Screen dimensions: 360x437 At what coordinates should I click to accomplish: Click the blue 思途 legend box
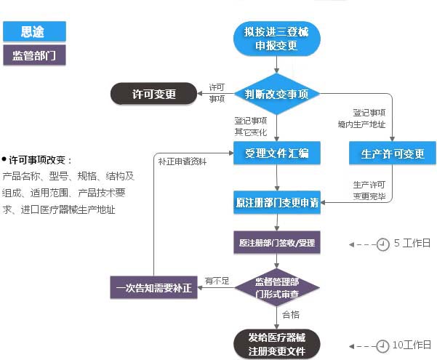[34, 31]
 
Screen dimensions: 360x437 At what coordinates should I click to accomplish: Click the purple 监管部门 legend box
[34, 55]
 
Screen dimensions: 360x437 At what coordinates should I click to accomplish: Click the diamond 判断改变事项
[276, 94]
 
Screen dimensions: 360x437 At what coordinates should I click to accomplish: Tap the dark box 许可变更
[153, 94]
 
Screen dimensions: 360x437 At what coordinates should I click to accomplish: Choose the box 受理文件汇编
[276, 153]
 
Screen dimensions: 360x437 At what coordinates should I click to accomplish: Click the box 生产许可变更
[393, 153]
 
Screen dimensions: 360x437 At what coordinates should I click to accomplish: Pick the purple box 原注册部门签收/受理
[276, 242]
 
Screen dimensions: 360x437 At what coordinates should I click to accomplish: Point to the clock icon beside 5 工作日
[382, 244]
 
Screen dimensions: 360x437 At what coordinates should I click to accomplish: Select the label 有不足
[217, 280]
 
